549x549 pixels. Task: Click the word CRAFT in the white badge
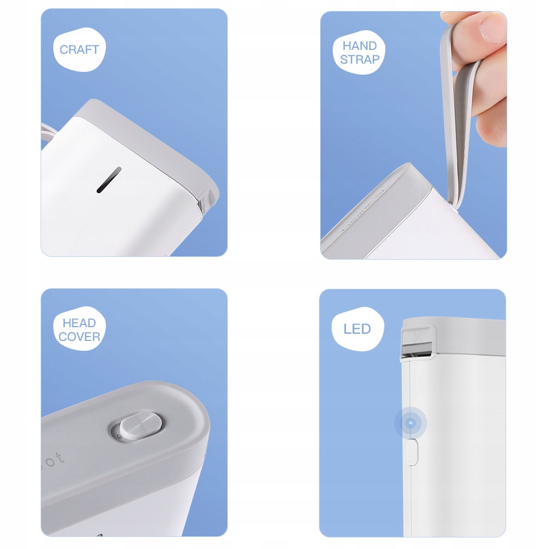(80, 50)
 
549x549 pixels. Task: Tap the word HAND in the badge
(360, 46)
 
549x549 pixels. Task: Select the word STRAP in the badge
(360, 59)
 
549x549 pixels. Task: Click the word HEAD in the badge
(79, 323)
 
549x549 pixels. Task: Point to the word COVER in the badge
(79, 337)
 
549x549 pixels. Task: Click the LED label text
(357, 329)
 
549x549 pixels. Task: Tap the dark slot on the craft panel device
(109, 180)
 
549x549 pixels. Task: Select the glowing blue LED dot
(411, 423)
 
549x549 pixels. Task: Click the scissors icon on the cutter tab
(417, 337)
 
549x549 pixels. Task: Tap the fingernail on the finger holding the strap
(494, 28)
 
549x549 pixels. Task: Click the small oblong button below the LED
(412, 452)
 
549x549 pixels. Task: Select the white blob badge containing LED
(358, 329)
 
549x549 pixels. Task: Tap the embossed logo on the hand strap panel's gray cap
(364, 210)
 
